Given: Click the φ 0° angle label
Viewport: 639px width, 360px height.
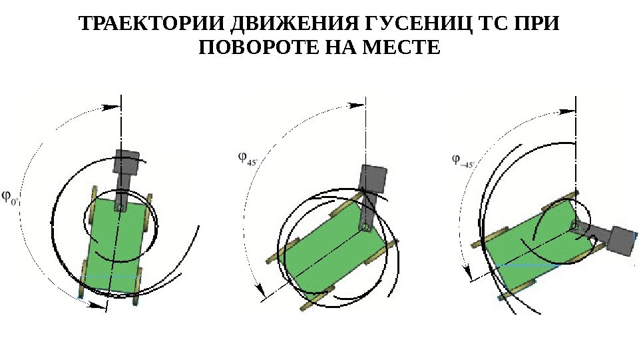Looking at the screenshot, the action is [x=12, y=197].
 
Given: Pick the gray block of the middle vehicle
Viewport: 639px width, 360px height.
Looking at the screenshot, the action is [x=373, y=178].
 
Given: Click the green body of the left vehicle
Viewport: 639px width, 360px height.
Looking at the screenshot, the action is [x=116, y=243].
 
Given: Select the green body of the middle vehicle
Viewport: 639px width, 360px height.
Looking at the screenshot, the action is [x=333, y=247].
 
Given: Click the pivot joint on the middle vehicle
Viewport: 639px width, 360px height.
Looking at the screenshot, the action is [x=365, y=227].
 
